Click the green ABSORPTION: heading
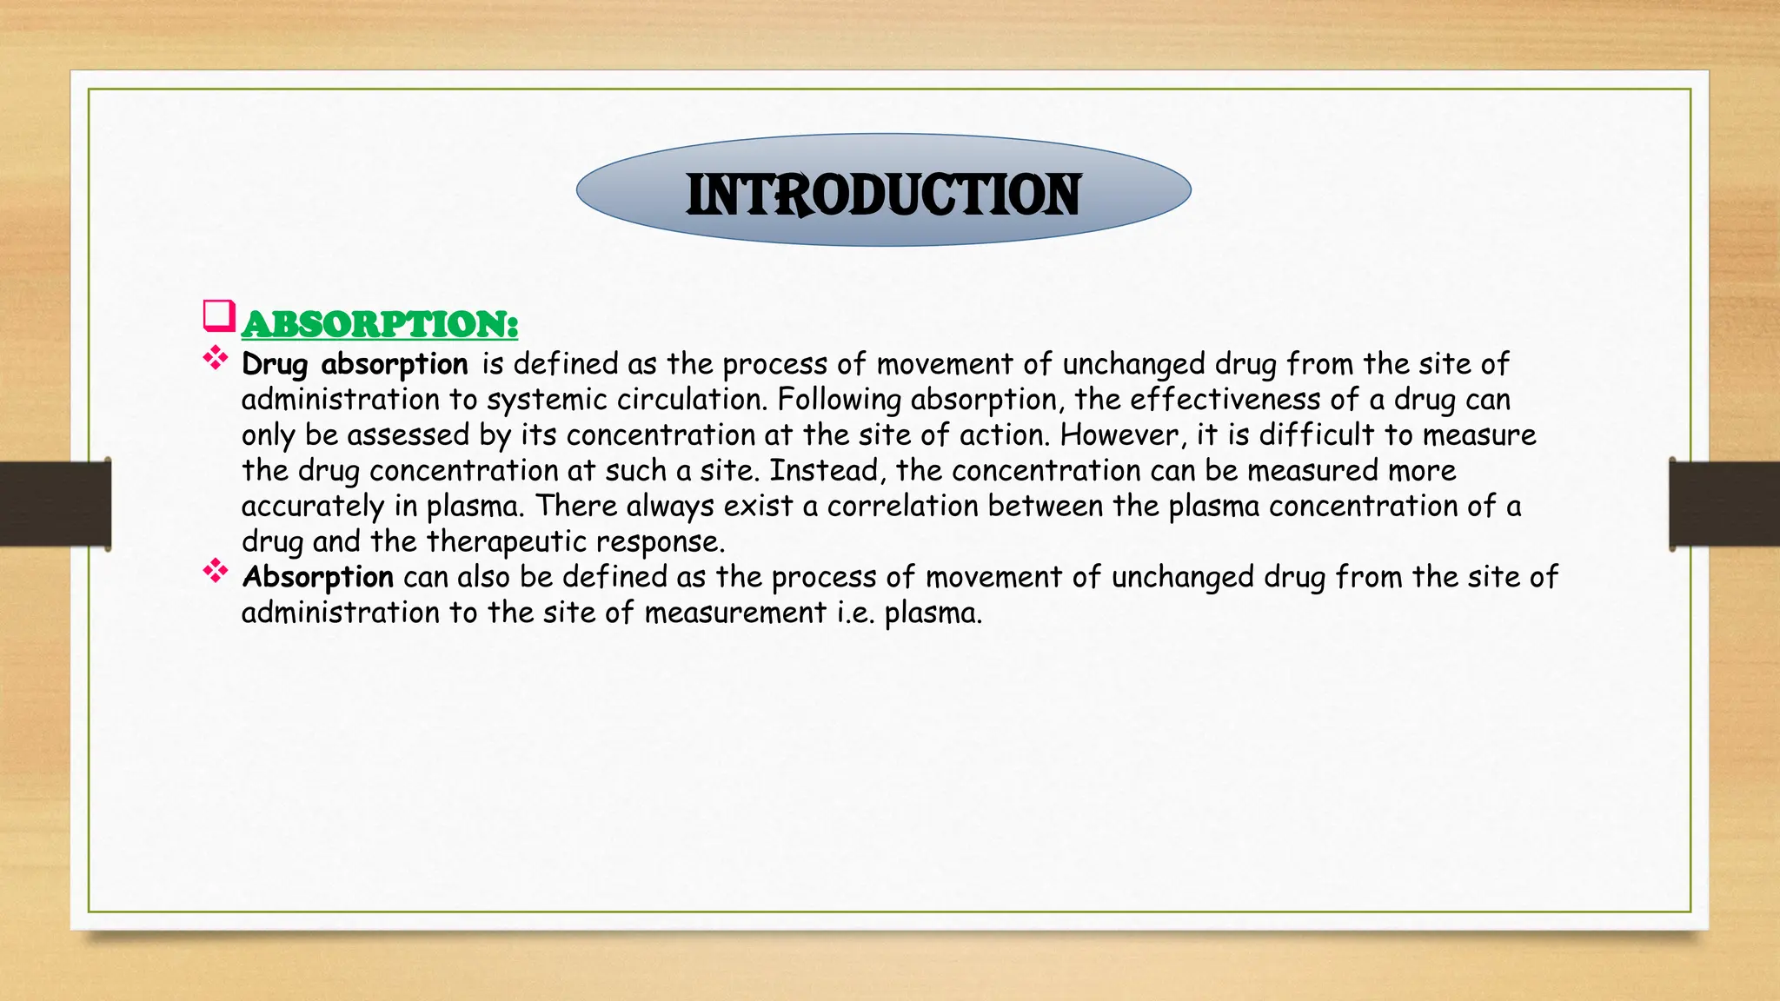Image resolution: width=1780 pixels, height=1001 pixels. (380, 324)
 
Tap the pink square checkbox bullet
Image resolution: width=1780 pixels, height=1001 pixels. (219, 315)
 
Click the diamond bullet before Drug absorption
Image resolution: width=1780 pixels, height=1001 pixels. (215, 357)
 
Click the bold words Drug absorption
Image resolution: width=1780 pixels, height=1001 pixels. (355, 364)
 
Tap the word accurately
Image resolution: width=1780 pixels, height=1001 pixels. (313, 506)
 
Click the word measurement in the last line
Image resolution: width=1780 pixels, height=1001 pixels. (734, 613)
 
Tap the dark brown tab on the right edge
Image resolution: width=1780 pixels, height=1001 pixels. (1724, 504)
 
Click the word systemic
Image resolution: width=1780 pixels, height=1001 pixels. (547, 400)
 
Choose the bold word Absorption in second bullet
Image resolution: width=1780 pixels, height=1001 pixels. (317, 577)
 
